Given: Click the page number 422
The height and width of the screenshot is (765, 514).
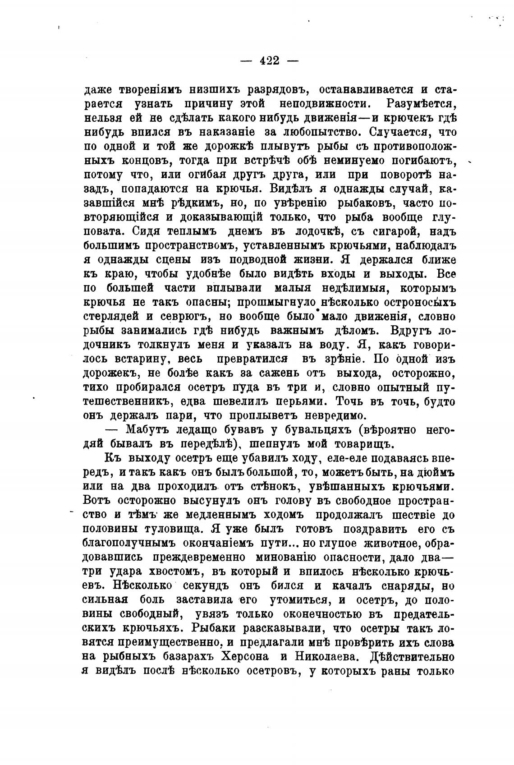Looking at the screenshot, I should pyautogui.click(x=270, y=60).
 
